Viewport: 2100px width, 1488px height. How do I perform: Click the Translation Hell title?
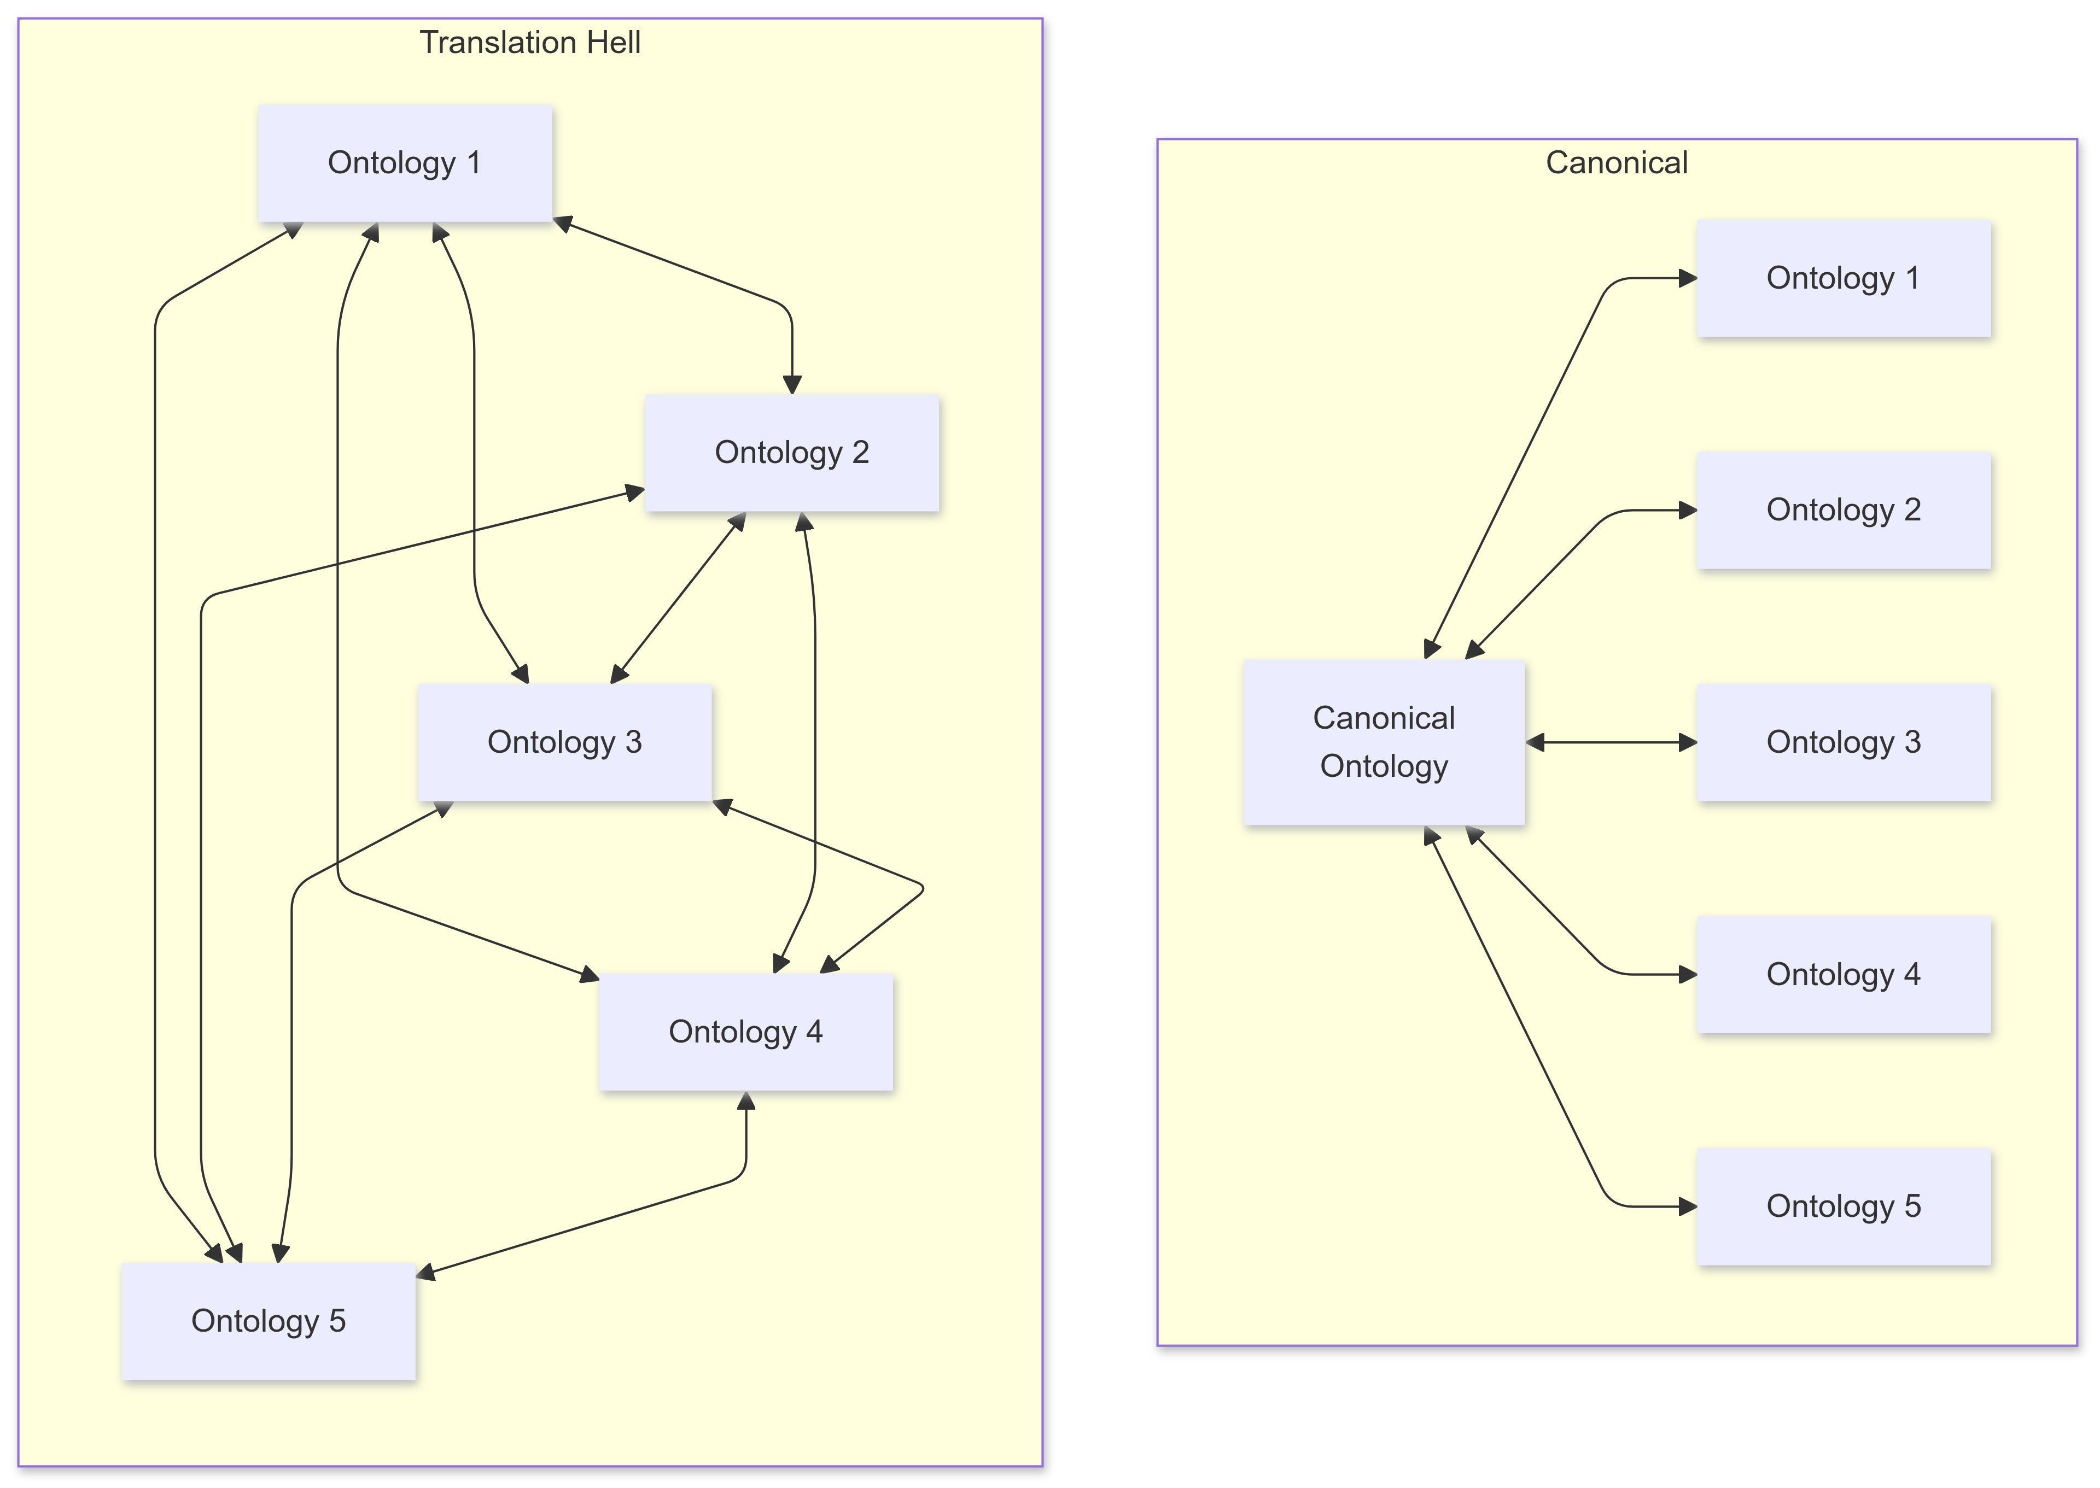pyautogui.click(x=530, y=42)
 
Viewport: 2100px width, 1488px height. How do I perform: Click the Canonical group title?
pyautogui.click(x=1616, y=162)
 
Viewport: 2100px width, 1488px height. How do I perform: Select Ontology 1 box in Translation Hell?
pyautogui.click(x=404, y=163)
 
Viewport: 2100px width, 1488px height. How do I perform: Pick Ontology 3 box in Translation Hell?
pyautogui.click(x=564, y=742)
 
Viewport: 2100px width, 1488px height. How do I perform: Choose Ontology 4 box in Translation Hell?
pyautogui.click(x=745, y=1032)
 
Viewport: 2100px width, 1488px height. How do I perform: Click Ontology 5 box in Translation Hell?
pyautogui.click(x=269, y=1321)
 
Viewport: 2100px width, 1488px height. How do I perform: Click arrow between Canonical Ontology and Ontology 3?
pyautogui.click(x=1611, y=742)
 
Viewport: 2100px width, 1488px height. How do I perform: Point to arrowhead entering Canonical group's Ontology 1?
pyautogui.click(x=1687, y=279)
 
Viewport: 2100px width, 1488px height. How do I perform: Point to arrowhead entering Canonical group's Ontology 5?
pyautogui.click(x=1687, y=1206)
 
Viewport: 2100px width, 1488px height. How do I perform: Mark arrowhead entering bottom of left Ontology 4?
pyautogui.click(x=746, y=1102)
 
